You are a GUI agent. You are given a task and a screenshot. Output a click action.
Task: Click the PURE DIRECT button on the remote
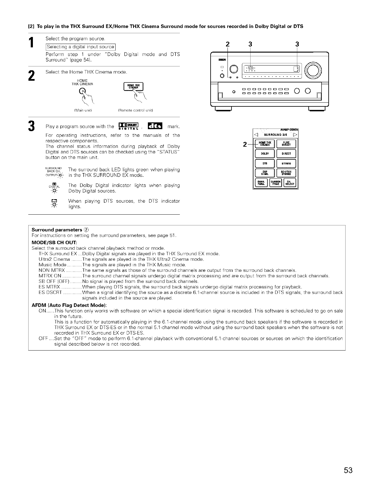tap(286, 144)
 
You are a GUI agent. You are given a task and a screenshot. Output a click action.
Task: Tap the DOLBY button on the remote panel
tap(265, 154)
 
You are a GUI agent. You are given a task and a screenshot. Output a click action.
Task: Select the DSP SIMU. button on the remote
tap(265, 173)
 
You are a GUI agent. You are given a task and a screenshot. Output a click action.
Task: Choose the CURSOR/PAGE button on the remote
tap(275, 183)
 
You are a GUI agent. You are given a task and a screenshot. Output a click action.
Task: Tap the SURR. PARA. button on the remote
tap(261, 183)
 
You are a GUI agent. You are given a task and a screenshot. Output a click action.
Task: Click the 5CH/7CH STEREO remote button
tap(286, 173)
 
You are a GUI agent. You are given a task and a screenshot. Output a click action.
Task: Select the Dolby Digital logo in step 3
tap(128, 126)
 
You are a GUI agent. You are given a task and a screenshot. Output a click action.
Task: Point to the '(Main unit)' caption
tap(81, 110)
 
